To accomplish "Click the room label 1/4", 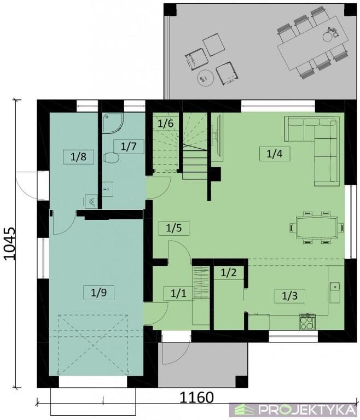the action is pos(275,154).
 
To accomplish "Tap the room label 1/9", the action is pos(98,293).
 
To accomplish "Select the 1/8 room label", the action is pos(78,157).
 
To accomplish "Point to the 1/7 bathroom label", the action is pos(129,147).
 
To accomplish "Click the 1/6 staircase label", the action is pos(165,124).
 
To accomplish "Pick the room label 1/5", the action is pos(174,228).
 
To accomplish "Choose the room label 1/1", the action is pos(178,293).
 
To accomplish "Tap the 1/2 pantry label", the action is pos(229,273).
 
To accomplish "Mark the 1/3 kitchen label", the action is pos(290,296).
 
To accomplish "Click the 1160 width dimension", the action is pos(196,398).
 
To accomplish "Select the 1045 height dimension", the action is pos(10,243).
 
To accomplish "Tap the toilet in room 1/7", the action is pos(111,157).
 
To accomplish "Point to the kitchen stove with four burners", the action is pos(307,322).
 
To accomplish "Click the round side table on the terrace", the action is pos(205,78).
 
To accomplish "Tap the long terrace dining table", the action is pos(313,43).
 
